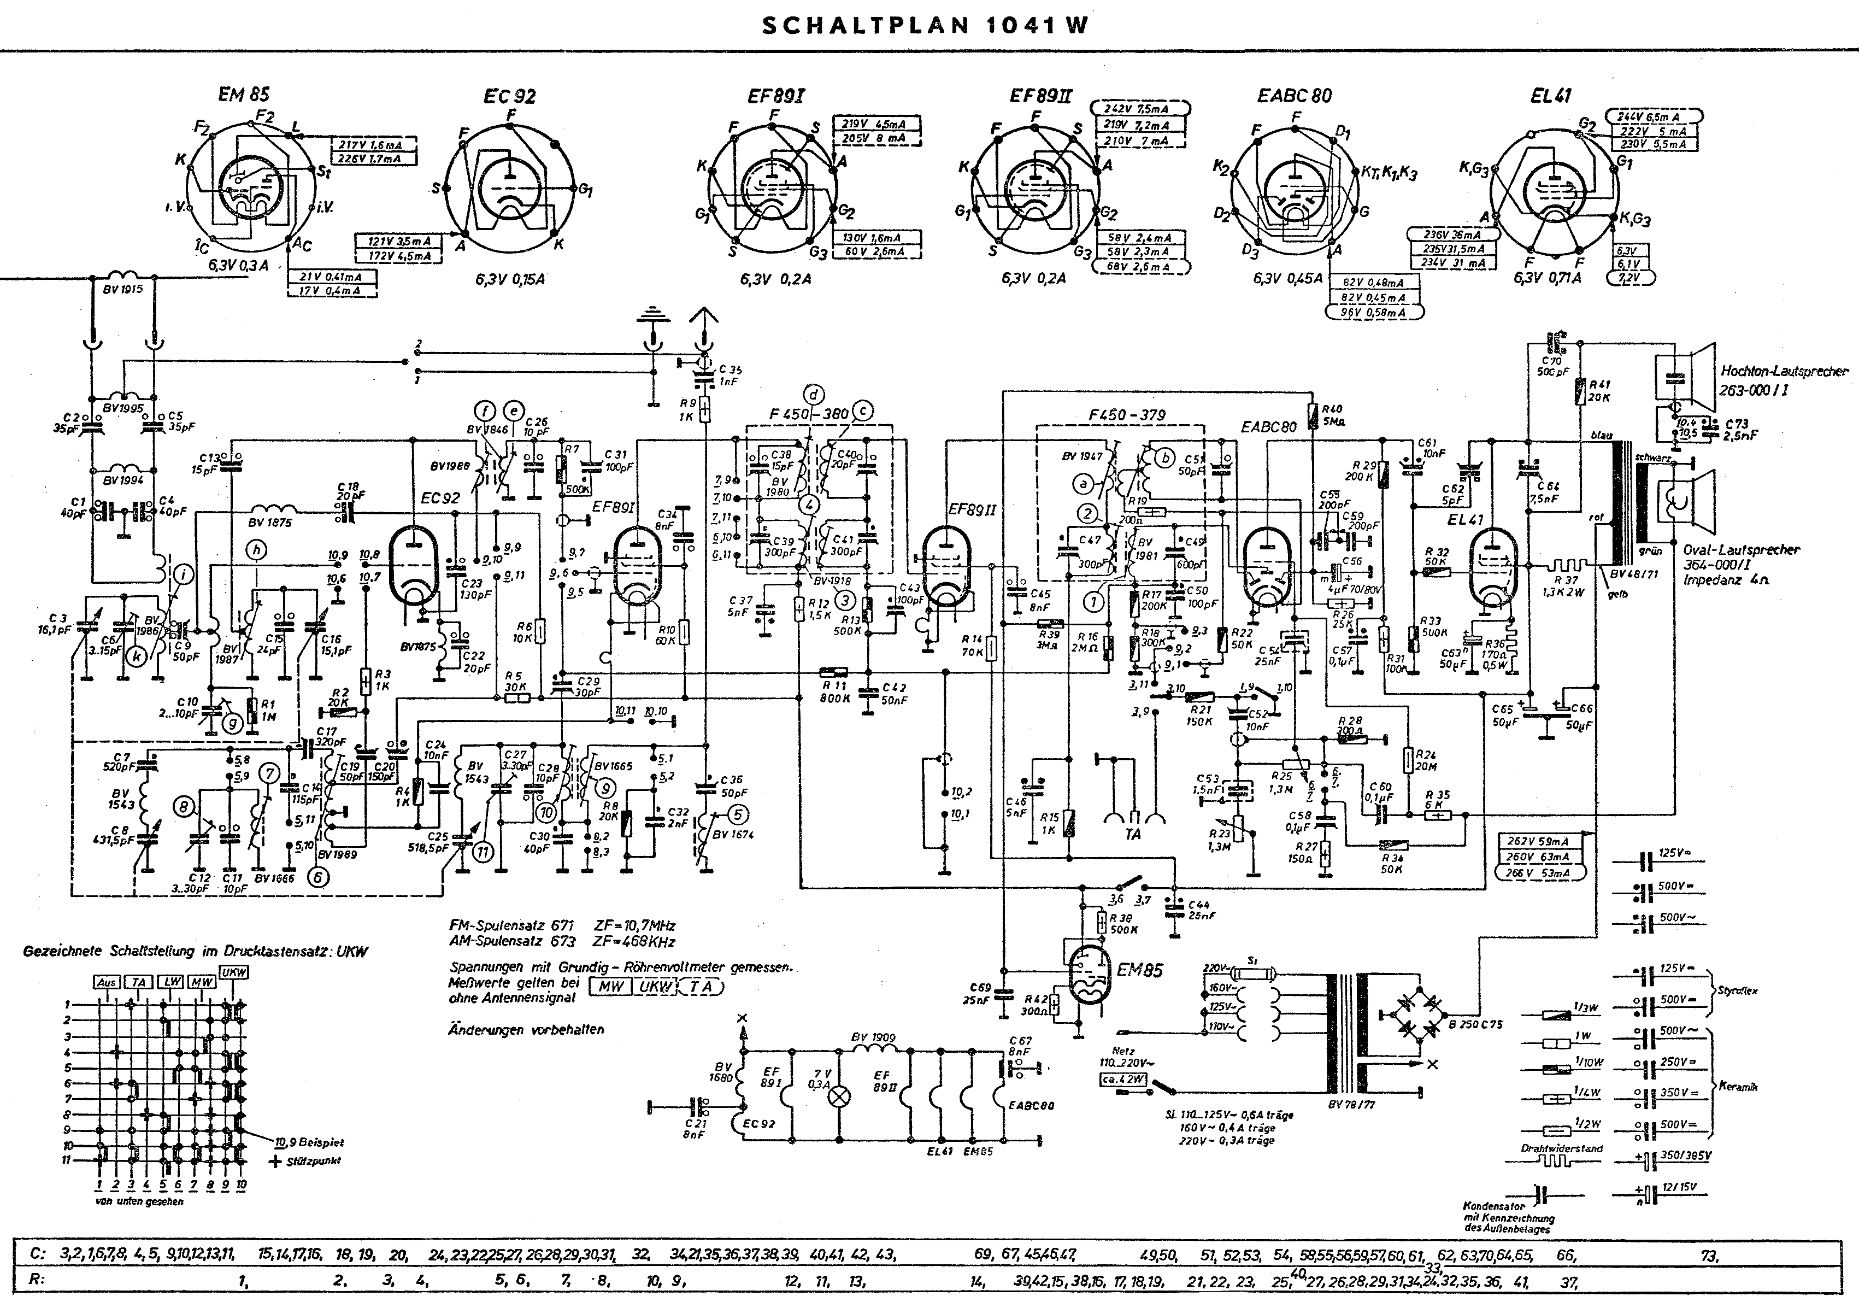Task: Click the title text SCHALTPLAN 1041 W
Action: coord(926,25)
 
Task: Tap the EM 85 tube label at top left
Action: coord(244,95)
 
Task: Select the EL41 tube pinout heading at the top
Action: coord(1550,96)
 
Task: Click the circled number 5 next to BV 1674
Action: coord(738,814)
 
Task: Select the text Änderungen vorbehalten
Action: coord(526,1030)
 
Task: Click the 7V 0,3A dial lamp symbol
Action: coord(842,1097)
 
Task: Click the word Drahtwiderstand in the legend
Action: coord(1550,1148)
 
